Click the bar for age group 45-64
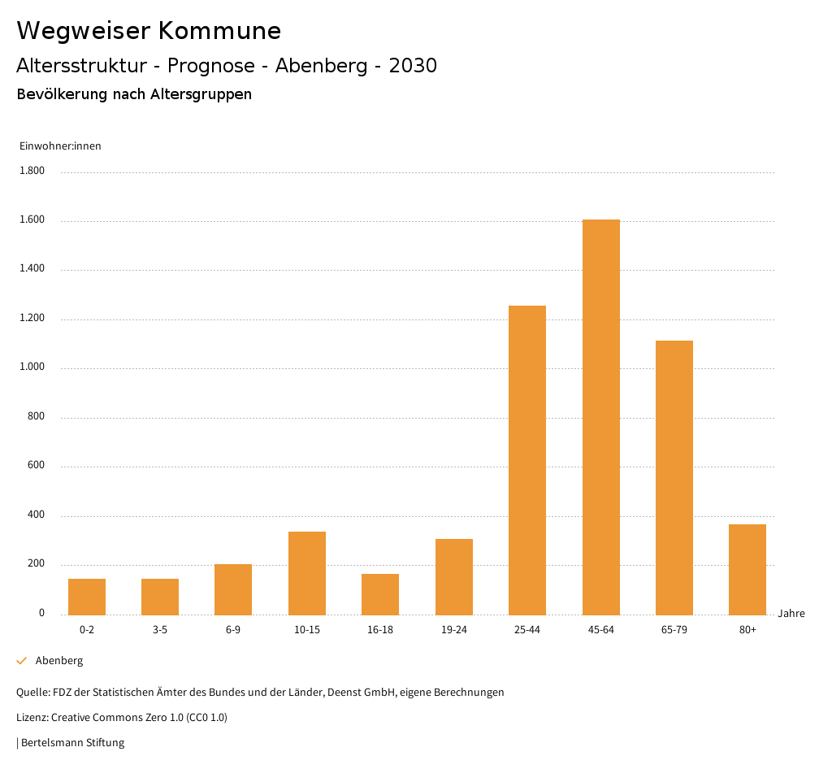coord(600,417)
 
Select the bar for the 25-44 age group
coord(527,460)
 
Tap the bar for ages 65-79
coord(674,478)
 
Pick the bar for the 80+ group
coord(747,570)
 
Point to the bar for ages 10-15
coord(307,573)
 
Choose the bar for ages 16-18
coord(380,594)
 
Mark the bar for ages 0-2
coord(87,597)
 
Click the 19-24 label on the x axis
coord(454,630)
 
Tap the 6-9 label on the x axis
coord(233,630)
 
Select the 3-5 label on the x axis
coord(160,630)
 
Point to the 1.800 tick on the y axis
coord(32,171)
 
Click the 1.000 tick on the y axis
coord(32,367)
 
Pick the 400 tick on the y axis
coord(37,515)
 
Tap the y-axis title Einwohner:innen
coord(60,146)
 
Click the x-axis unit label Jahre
coord(791,614)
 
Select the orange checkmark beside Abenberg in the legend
coord(22,661)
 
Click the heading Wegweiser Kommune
coord(149,31)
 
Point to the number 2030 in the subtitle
coord(413,66)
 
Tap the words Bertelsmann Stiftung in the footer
coord(72,742)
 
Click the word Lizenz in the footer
coord(32,718)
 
